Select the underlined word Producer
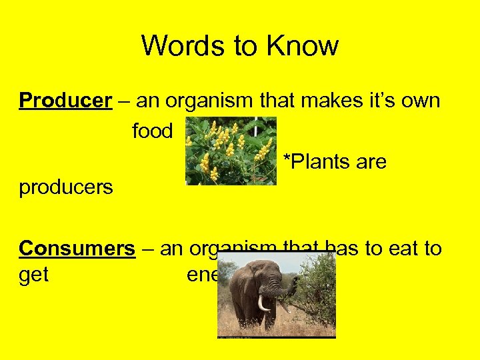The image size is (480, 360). [65, 101]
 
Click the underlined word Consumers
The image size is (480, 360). [77, 249]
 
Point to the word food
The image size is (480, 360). [152, 131]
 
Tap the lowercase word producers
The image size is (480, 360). [66, 187]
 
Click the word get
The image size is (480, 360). [33, 275]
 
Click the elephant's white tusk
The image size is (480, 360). [263, 303]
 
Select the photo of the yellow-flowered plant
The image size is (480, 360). [231, 151]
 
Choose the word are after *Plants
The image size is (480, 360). [371, 161]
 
